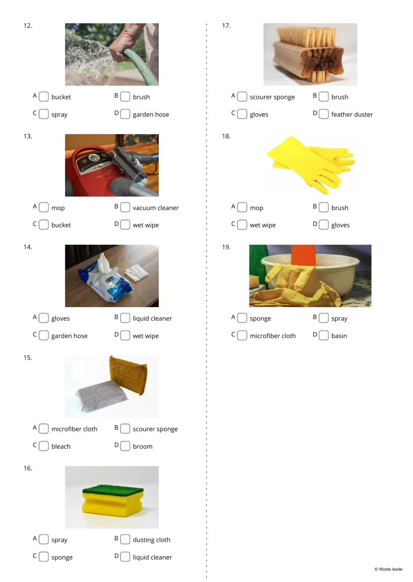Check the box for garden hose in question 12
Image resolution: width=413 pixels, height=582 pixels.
tap(125, 114)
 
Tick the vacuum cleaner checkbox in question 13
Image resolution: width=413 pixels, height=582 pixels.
tap(125, 207)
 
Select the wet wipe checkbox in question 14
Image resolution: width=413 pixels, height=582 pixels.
tap(125, 335)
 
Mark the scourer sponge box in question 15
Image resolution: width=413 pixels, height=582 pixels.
tap(125, 428)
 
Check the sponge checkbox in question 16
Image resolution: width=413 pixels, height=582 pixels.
tap(43, 557)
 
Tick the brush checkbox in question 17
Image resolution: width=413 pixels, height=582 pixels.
tap(324, 96)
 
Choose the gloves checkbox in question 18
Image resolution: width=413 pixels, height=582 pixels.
tap(324, 225)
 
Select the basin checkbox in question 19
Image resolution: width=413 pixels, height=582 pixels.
tap(324, 335)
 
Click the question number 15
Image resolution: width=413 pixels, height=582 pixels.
tap(28, 357)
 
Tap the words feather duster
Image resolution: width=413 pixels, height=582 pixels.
tap(352, 114)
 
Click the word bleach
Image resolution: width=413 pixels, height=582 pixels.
tap(61, 446)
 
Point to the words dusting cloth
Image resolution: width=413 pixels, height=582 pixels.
tap(151, 540)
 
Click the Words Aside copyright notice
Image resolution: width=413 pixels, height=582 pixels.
tap(388, 569)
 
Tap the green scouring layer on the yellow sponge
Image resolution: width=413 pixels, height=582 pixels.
tap(113, 490)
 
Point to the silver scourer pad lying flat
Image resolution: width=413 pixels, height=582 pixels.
tap(102, 396)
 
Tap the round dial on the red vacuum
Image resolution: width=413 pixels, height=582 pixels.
tap(94, 157)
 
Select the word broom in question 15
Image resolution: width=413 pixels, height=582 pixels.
tap(143, 446)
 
